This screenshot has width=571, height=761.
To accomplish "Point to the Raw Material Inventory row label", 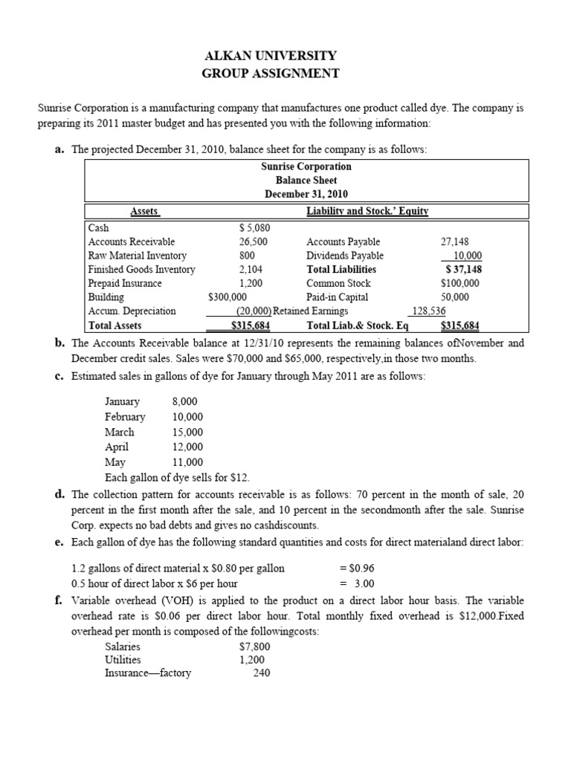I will point(138,256).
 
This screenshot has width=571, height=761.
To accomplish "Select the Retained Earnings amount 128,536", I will point(428,311).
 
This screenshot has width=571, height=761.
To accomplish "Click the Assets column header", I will point(145,211).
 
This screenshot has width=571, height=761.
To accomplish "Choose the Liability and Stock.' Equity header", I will point(367,211).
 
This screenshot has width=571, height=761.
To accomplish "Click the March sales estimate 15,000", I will point(187,432).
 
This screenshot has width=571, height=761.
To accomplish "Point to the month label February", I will point(125,417).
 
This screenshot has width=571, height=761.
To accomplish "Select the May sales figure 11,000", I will point(187,462).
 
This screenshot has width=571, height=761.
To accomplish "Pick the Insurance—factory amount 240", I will point(261,673).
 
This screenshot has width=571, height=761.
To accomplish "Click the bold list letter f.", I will point(58,600).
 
